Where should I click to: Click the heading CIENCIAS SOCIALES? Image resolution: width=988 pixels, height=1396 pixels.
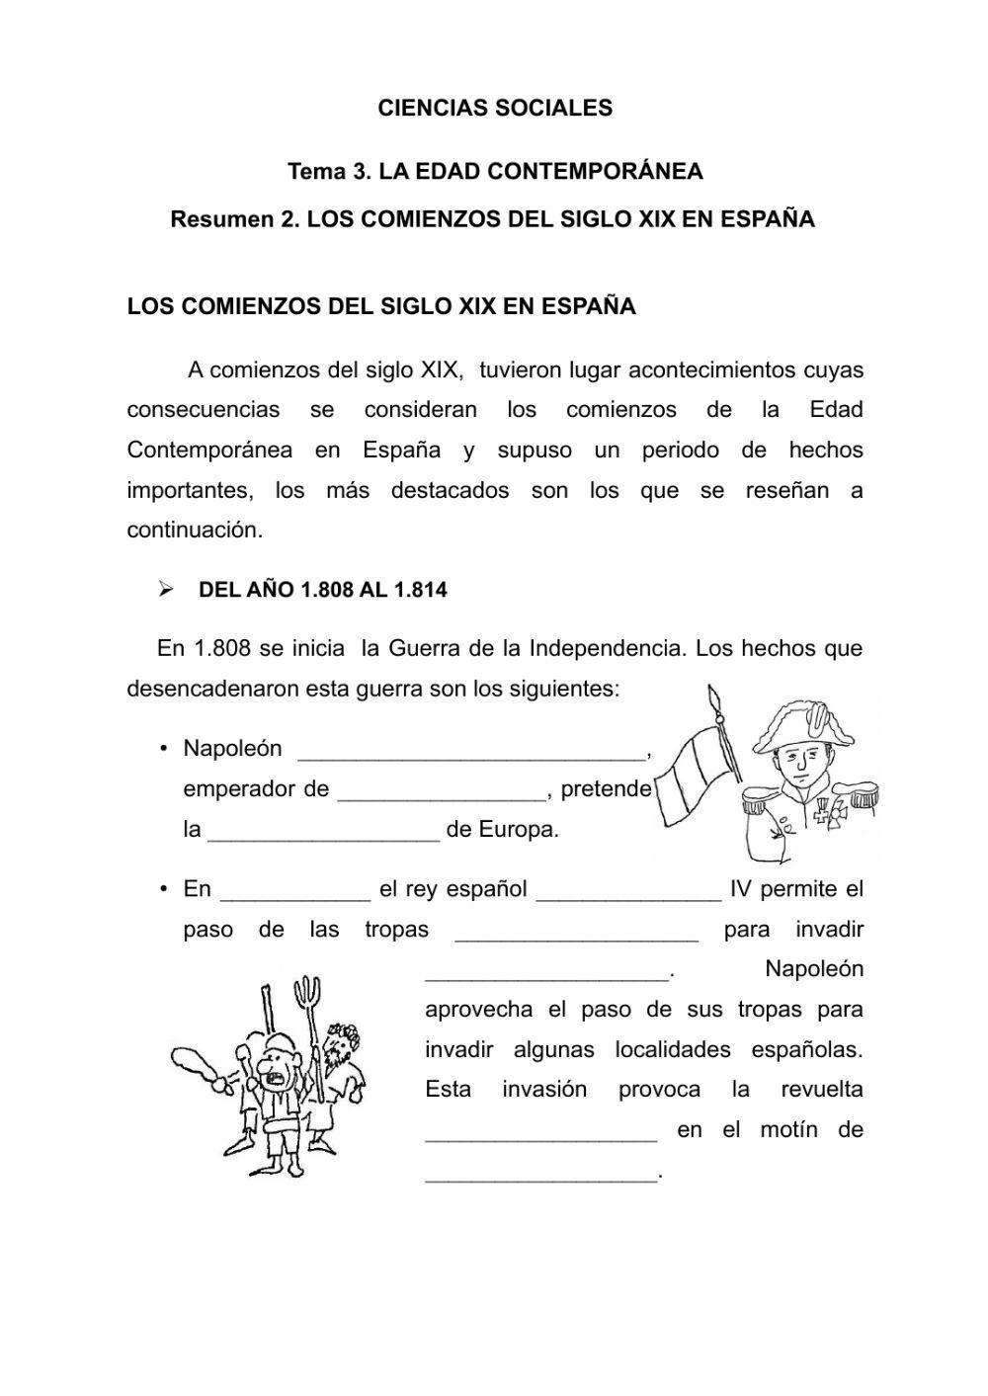pos(495,109)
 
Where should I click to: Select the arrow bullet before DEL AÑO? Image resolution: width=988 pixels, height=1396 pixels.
pos(166,590)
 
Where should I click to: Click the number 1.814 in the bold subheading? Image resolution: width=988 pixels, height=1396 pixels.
pos(420,591)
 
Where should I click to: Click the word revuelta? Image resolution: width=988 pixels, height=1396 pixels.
pos(821,1090)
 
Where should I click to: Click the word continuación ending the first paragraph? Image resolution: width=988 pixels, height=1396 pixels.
pos(195,531)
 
